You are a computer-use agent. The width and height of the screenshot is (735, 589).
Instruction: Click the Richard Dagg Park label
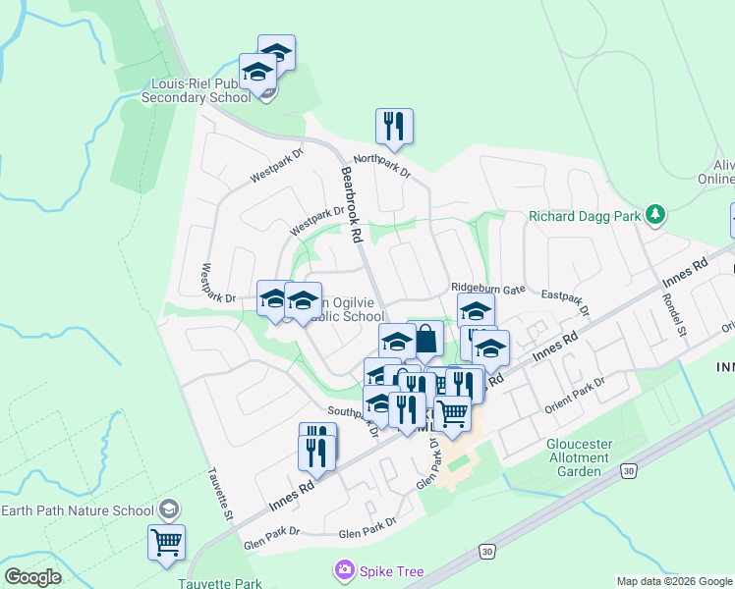(584, 216)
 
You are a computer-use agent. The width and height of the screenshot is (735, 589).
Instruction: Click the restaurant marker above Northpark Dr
(394, 127)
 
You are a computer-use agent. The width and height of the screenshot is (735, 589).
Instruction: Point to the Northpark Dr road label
(381, 165)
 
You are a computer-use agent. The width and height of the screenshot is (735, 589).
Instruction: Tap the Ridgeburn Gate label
(488, 288)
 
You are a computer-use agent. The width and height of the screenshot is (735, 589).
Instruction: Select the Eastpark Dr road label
(564, 301)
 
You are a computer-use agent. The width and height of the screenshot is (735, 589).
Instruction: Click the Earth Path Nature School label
(78, 510)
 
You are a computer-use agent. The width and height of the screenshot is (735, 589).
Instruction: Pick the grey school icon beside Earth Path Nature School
(169, 509)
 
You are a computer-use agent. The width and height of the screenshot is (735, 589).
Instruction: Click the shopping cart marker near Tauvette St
(166, 541)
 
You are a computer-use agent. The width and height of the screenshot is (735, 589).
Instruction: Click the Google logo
(32, 577)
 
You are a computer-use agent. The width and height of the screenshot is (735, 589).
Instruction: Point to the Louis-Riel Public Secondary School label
(197, 90)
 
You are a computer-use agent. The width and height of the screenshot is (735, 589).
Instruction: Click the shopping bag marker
(425, 340)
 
